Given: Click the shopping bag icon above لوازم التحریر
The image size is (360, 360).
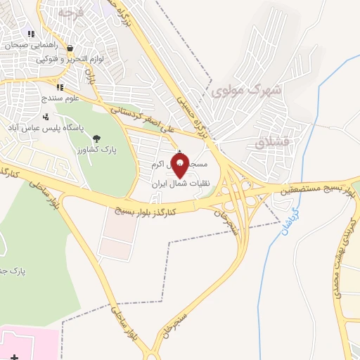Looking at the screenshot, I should coord(70,49).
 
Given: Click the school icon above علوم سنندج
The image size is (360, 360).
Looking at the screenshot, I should coord(59,87).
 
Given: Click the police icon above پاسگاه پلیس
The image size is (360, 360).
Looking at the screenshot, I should coord(46,117).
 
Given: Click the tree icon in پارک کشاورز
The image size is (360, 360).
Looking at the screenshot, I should coord(96,138).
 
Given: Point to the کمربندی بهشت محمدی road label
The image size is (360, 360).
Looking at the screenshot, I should coord(345,253).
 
